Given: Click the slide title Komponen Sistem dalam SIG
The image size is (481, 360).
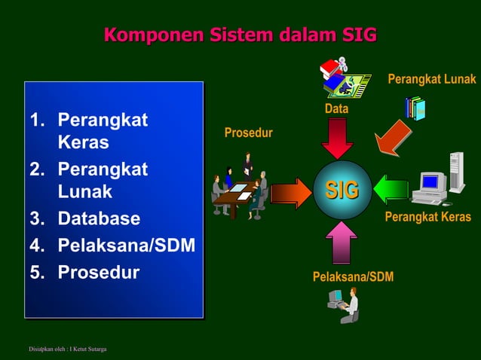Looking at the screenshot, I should point(240,35).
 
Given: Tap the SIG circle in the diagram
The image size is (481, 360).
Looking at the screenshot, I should point(342,191).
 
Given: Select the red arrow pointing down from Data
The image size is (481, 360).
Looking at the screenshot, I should point(336,138).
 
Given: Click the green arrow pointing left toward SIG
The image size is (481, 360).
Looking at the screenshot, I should point(391,190).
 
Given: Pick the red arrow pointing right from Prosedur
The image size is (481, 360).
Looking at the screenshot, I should point(290,193).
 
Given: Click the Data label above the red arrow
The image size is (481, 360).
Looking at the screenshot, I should point(336,110).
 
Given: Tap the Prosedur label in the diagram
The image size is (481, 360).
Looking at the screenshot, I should point(248,133).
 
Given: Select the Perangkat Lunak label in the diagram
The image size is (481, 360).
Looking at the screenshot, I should point(431,79).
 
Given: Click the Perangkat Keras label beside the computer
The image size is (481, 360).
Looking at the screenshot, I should point(427,217).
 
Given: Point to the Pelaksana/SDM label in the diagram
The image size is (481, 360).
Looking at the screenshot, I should point(353,278).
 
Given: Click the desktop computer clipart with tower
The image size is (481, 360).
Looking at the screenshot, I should point(437,181).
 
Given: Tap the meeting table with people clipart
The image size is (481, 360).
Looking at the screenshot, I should point(240,188).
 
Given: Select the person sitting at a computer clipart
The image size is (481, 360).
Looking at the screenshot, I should point(343,305).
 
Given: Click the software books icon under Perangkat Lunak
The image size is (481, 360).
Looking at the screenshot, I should point(415,108).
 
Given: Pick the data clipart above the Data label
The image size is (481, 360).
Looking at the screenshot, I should point(343,79).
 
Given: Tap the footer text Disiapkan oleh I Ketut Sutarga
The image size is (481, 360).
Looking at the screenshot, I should point(67,349).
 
